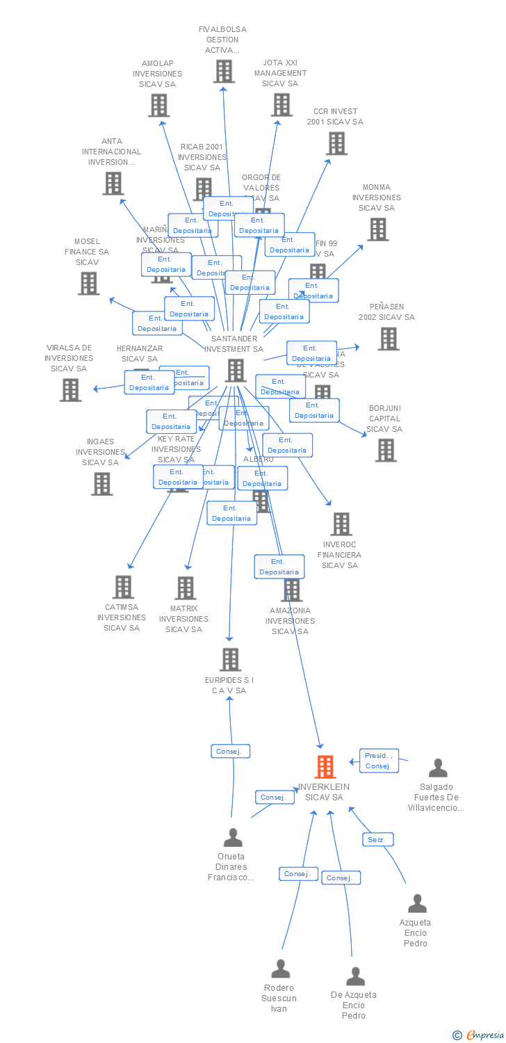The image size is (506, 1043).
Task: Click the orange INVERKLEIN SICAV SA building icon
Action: pyautogui.click(x=325, y=766)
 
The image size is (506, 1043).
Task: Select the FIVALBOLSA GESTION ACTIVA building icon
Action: pyautogui.click(x=223, y=71)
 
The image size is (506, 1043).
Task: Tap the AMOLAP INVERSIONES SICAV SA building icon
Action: pyautogui.click(x=158, y=105)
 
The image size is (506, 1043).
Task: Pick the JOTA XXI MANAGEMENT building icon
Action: pyautogui.click(x=281, y=104)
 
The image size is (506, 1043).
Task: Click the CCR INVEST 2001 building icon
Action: pyautogui.click(x=336, y=143)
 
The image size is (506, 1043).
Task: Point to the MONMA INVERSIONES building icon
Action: pyautogui.click(x=377, y=229)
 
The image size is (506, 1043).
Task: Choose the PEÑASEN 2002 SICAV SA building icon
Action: pyautogui.click(x=388, y=339)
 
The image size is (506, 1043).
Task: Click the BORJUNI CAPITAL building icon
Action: pyautogui.click(x=385, y=450)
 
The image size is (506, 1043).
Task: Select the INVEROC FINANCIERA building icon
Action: pyautogui.click(x=341, y=524)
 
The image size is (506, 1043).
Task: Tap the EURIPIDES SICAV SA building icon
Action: pyautogui.click(x=230, y=659)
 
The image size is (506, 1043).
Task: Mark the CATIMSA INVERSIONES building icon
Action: pyautogui.click(x=123, y=587)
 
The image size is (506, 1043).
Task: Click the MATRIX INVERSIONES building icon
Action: pyautogui.click(x=185, y=588)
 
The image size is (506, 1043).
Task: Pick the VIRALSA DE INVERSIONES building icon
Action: pyautogui.click(x=70, y=390)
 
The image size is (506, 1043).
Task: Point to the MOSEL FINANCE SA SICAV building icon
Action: pyautogui.click(x=88, y=283)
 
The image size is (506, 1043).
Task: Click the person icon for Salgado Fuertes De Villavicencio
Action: pyautogui.click(x=438, y=768)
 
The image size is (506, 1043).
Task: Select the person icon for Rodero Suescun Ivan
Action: pyautogui.click(x=280, y=968)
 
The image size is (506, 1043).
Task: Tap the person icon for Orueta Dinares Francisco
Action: pyautogui.click(x=233, y=837)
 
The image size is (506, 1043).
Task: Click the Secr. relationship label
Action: pyautogui.click(x=377, y=839)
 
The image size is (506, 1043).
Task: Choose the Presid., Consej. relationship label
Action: pyautogui.click(x=379, y=761)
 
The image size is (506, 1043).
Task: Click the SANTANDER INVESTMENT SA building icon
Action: pyautogui.click(x=236, y=370)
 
